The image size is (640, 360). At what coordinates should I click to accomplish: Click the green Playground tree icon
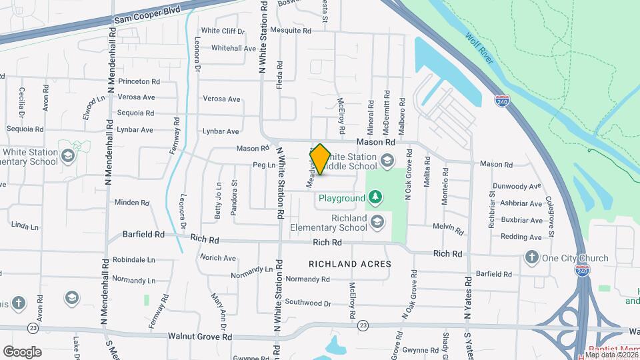coord(376,197)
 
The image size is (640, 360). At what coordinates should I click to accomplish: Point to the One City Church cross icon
coord(531,258)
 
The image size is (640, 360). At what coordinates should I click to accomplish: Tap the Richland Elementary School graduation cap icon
coord(377,222)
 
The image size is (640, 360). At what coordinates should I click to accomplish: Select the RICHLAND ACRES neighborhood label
coord(349,264)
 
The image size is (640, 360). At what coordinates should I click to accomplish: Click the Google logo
coord(23,351)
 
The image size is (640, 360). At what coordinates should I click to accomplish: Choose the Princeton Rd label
coord(139,81)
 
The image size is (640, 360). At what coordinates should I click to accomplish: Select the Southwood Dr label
coord(308,303)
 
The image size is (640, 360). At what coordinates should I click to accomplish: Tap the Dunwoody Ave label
coord(517,187)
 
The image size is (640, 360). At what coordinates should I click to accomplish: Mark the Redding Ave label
coord(521,237)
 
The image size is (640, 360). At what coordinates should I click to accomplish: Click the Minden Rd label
coord(132,202)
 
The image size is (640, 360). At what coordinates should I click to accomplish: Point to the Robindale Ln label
coord(133,259)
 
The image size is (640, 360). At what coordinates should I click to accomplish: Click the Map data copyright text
coord(611,355)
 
